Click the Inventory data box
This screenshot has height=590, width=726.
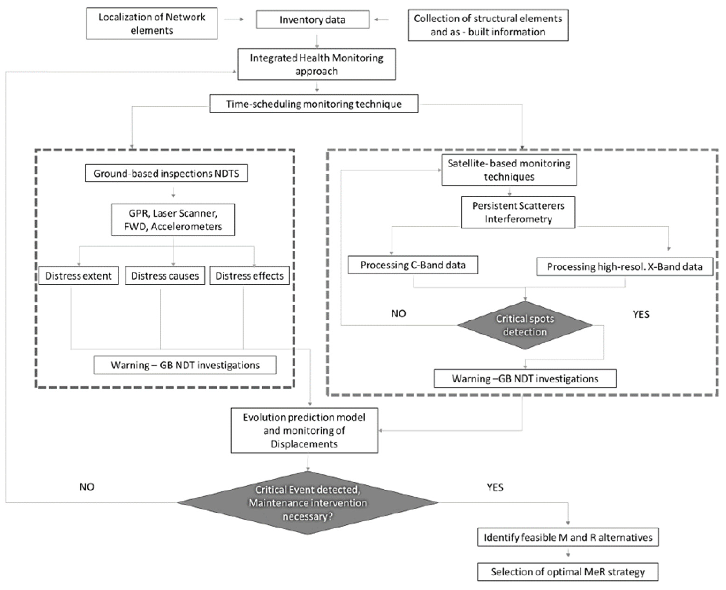point(312,20)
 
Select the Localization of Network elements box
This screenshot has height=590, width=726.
point(152,24)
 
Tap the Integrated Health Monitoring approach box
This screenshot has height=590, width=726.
point(316,64)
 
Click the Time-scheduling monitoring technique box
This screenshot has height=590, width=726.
point(314,104)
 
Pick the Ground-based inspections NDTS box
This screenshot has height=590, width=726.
point(166,173)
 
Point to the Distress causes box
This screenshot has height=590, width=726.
point(165,276)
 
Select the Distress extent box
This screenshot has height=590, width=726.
point(78,276)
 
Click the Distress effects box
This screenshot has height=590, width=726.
point(250,276)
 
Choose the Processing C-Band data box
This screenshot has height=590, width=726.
point(413,265)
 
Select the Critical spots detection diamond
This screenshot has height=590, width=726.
point(525,325)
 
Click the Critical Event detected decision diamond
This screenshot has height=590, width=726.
point(308,503)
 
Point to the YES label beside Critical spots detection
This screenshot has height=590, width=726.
point(641,314)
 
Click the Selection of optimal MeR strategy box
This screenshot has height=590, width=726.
point(568,572)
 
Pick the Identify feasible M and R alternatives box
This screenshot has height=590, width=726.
point(568,537)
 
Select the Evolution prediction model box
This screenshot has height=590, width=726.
point(304,431)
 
